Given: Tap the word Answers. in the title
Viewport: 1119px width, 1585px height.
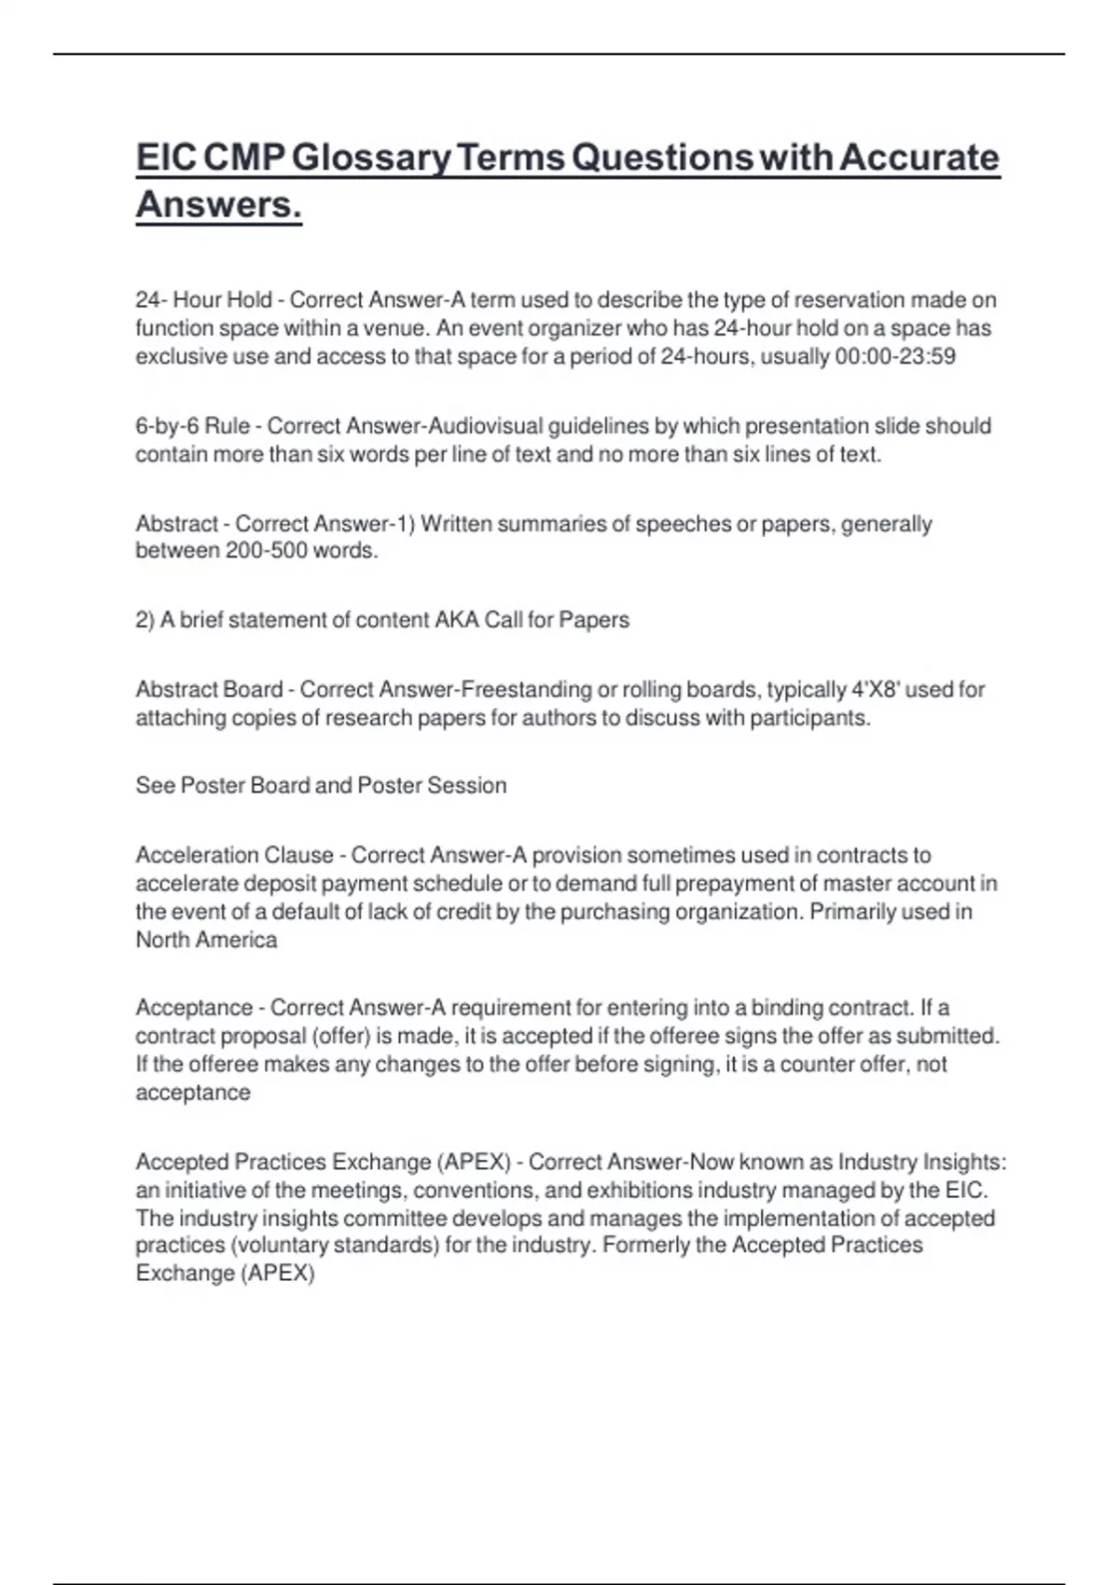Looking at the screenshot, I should [x=218, y=204].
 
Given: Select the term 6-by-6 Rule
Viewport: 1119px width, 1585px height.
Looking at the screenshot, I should [x=192, y=426].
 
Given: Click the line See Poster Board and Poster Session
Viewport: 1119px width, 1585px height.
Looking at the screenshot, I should [x=321, y=785].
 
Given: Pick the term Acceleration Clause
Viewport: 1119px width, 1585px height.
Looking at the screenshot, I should [x=234, y=855].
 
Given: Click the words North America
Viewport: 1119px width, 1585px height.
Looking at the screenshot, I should [x=206, y=940].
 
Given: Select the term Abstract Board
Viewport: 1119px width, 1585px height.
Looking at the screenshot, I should [x=209, y=690].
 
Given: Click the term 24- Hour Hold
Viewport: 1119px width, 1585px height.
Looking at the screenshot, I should [x=203, y=300].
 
